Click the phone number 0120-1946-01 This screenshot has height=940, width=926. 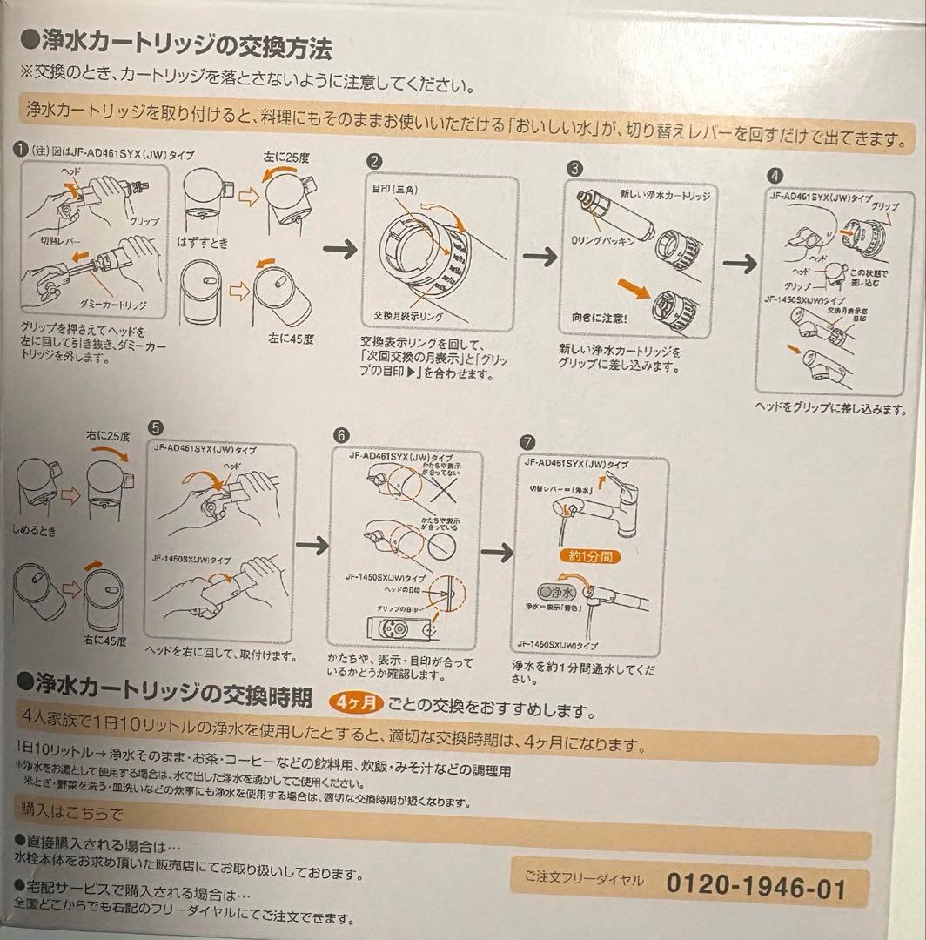[755, 888]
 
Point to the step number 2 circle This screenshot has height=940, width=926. [374, 162]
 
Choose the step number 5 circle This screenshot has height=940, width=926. [155, 427]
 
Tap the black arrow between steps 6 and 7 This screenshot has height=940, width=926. [496, 553]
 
